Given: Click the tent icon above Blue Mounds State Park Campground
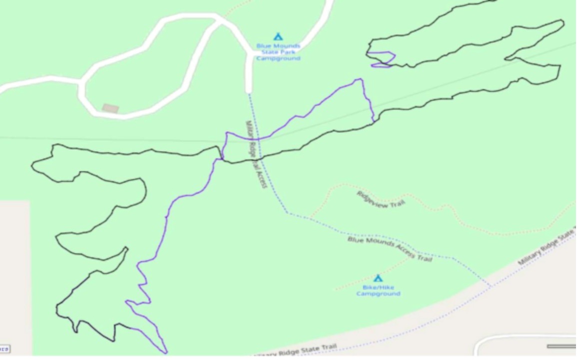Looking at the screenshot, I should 278,36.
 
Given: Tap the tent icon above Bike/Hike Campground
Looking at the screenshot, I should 378,278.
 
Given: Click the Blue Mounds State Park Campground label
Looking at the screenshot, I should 278,52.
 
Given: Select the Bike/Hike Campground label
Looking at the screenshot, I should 378,291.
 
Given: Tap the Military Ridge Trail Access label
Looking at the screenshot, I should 256,154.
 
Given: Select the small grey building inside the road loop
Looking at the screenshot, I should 110,108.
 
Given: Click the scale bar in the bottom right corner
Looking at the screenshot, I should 561,346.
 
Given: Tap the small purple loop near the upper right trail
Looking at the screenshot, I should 383,59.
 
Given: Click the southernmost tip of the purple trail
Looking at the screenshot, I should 166,353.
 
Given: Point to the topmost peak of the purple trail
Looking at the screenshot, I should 359,79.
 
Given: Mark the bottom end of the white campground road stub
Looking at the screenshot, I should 249,91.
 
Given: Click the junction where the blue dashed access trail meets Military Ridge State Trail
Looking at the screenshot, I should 490,286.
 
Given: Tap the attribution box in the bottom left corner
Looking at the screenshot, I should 4,349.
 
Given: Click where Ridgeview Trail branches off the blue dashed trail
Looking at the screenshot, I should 309,218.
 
